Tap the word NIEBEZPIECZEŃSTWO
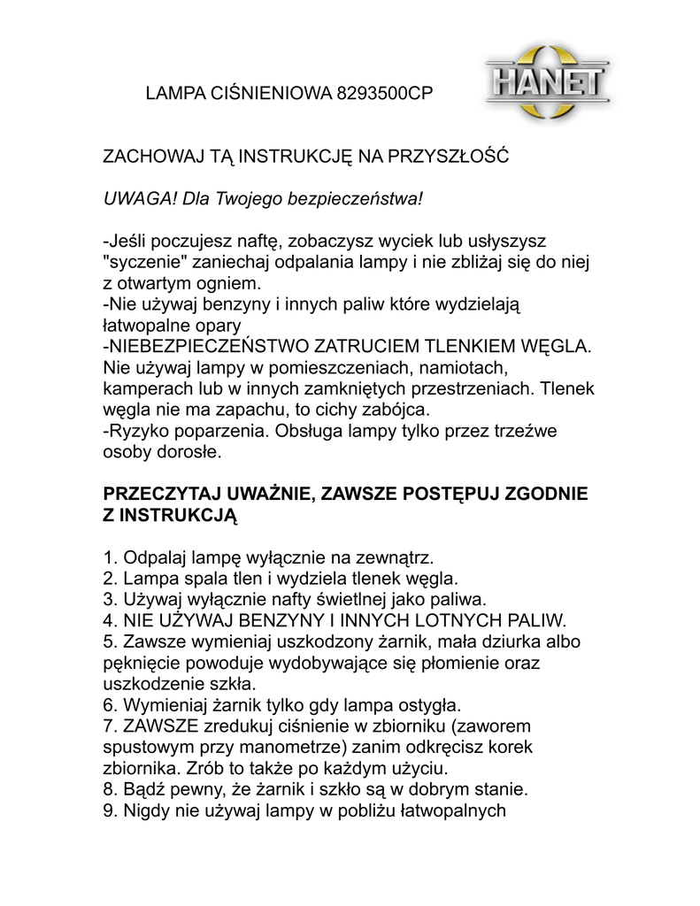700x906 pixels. coord(209,347)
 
